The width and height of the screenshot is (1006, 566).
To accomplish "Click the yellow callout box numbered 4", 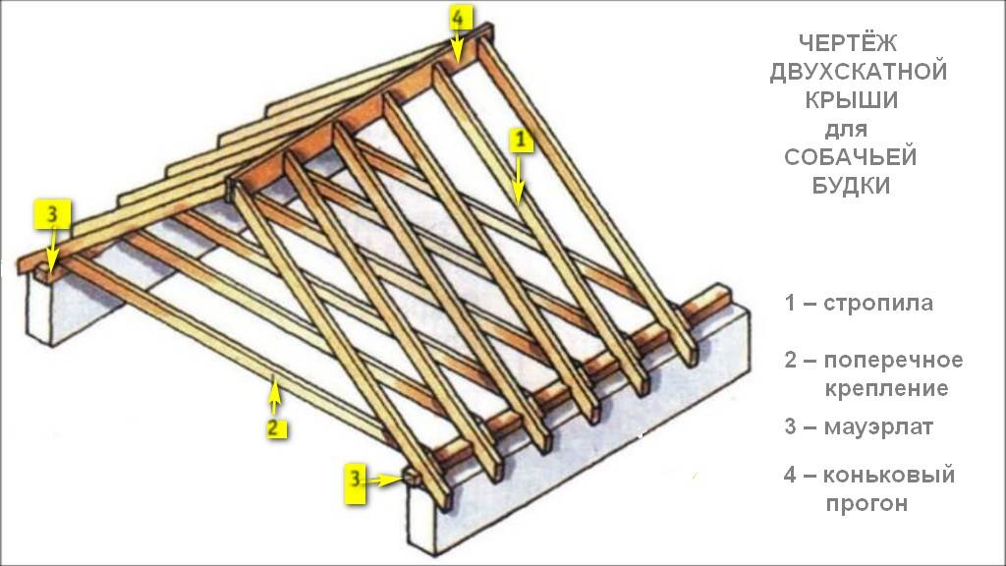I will (461, 17).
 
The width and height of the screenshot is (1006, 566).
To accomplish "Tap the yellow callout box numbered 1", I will (521, 141).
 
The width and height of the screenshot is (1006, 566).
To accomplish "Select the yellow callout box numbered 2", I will (275, 427).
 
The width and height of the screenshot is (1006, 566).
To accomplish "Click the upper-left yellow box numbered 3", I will (53, 212).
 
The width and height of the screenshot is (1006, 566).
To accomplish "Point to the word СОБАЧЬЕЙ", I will (851, 157).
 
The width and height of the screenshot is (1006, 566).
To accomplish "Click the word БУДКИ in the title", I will (851, 186).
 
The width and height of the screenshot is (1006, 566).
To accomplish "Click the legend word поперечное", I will (893, 360).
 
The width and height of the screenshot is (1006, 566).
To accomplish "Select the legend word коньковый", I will (889, 476).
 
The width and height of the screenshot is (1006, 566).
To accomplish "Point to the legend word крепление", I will (885, 388).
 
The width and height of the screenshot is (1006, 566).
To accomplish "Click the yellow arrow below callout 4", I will (458, 47).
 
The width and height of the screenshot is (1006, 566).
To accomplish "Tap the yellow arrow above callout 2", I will (274, 398).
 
